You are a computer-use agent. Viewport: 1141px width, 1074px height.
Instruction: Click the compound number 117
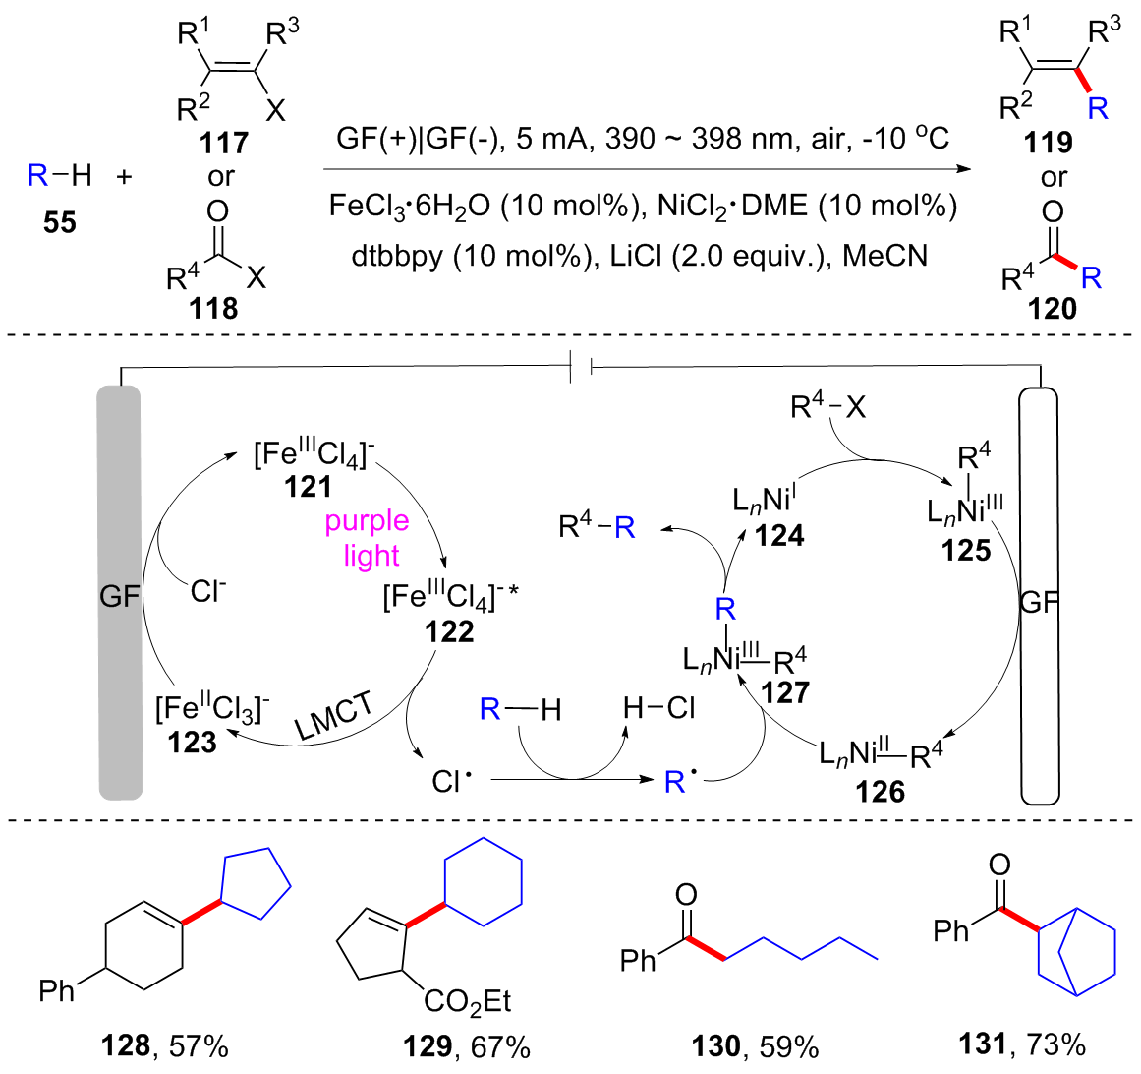point(224,144)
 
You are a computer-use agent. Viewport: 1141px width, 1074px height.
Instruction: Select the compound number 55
point(59,222)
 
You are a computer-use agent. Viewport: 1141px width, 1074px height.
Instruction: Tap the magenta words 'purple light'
point(367,538)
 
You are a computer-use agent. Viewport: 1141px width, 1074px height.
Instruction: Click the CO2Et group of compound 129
point(468,1001)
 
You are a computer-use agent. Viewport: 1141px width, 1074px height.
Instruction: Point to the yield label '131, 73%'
point(1020,1044)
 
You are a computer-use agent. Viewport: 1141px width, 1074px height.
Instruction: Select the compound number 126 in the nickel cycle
point(880,791)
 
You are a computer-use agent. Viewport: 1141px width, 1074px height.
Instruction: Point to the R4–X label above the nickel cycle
point(827,405)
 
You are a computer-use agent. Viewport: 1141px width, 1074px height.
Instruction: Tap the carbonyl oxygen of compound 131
point(999,865)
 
